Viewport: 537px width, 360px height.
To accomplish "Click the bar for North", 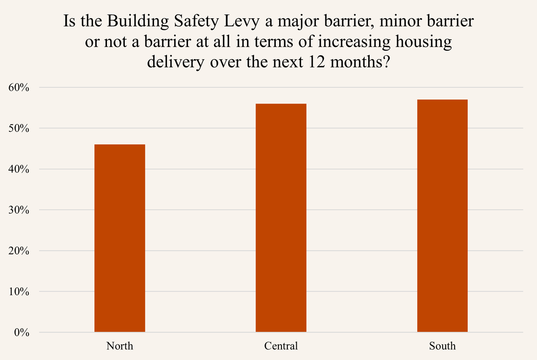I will point(119,238).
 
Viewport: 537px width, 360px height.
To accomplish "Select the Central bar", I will point(281,218).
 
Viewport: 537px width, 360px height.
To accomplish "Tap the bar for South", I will point(442,216).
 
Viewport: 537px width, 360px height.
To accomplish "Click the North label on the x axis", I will point(119,346).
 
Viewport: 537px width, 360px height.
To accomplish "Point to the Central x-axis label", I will point(281,346).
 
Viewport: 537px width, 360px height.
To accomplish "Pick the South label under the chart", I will point(442,346).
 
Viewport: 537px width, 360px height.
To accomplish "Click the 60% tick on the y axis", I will point(18,88).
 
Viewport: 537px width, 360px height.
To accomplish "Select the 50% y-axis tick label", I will point(18,129).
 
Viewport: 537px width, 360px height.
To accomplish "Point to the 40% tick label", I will point(18,169).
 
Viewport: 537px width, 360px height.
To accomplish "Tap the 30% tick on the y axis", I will point(18,210).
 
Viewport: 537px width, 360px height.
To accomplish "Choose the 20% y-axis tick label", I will point(18,251).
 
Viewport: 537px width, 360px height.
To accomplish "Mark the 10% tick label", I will point(18,291).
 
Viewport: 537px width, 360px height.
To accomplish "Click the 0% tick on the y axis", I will point(21,333).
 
